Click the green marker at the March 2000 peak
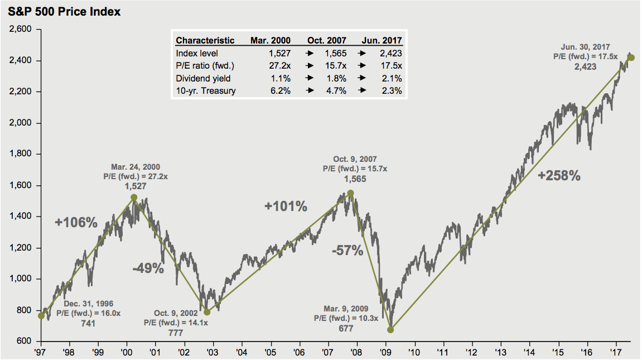134,197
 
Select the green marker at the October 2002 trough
207,312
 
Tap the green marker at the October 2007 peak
350,193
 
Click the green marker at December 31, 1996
41,316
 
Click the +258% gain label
559,176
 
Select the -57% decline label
347,251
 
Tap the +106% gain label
76,223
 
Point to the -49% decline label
148,268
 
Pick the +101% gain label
286,207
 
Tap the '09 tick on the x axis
386,352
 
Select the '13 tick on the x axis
501,352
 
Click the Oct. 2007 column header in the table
326,41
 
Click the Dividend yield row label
203,78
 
